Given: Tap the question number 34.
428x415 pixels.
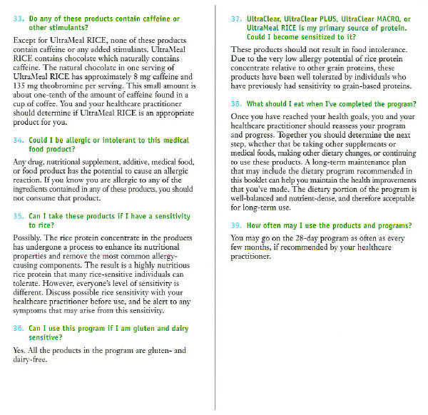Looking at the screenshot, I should click(19, 142).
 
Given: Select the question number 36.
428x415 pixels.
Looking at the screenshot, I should click(19, 329).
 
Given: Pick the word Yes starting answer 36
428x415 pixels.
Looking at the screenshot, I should click(21, 351).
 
